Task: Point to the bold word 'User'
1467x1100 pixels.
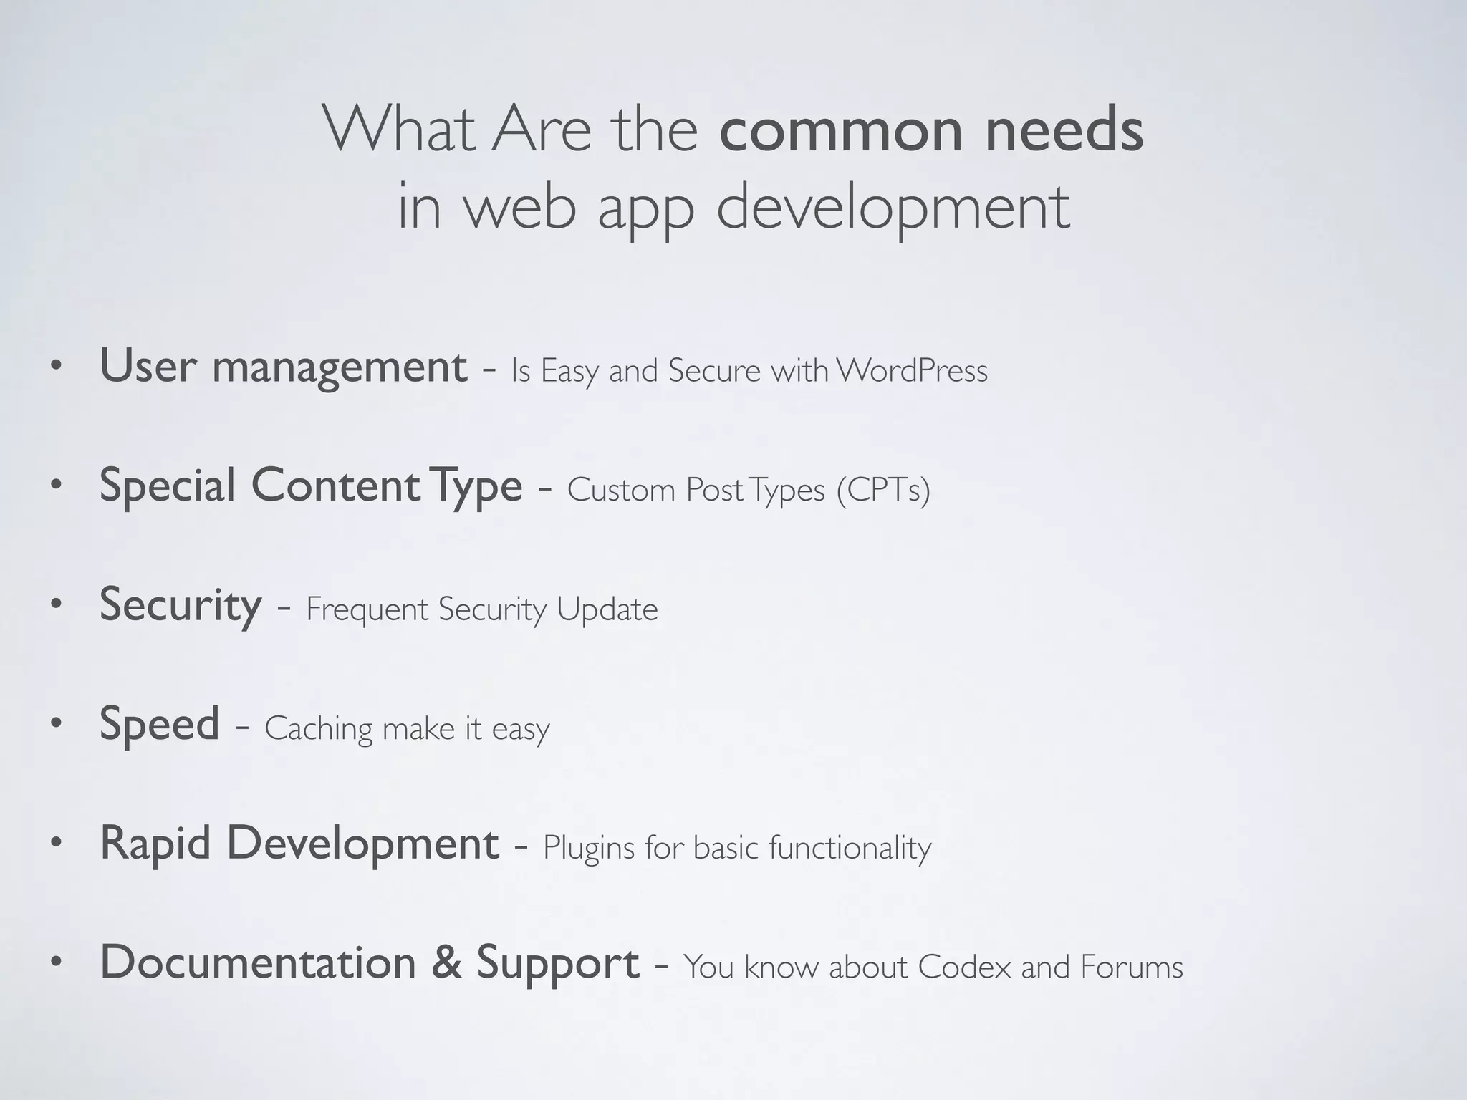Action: [148, 366]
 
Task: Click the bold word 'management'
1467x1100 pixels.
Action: [340, 367]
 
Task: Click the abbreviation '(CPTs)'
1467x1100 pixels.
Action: [883, 491]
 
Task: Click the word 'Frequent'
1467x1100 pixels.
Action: [367, 610]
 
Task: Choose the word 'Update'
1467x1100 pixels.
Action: [607, 610]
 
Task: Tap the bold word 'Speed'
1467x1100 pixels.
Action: [159, 725]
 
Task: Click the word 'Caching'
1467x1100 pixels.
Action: [319, 730]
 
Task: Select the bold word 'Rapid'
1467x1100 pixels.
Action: [155, 843]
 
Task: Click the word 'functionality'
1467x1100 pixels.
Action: [850, 849]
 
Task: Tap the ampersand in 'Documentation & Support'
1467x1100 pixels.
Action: [446, 962]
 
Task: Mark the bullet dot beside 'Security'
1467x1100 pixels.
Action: [57, 606]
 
